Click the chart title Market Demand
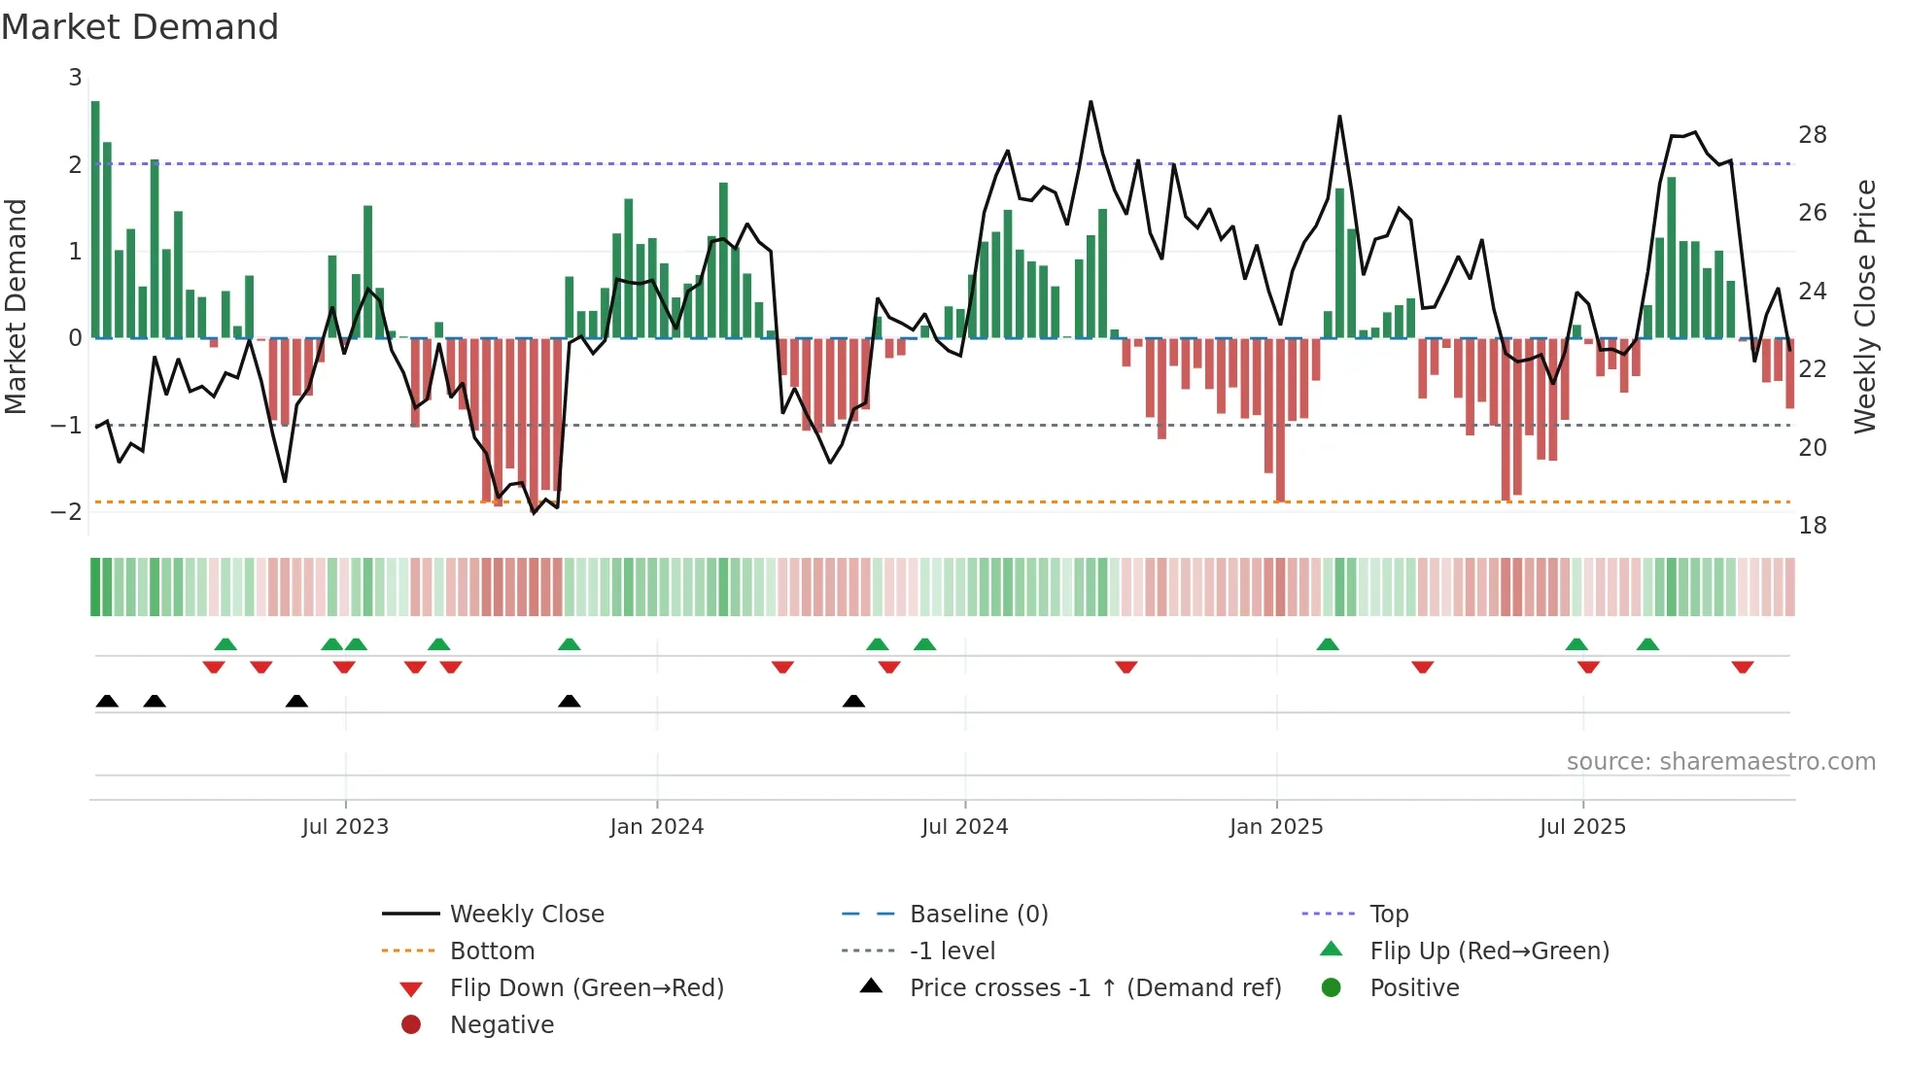pyautogui.click(x=140, y=27)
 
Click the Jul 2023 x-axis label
pyautogui.click(x=345, y=827)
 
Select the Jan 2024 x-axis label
pyautogui.click(x=656, y=827)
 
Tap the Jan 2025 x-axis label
pyautogui.click(x=1275, y=827)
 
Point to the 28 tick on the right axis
pyautogui.click(x=1812, y=135)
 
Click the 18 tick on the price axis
pyautogui.click(x=1812, y=526)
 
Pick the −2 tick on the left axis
pyautogui.click(x=66, y=512)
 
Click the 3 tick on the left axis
pyautogui.click(x=75, y=78)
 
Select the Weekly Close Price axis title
pyautogui.click(x=1864, y=306)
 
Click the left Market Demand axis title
pyautogui.click(x=17, y=306)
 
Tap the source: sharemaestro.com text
pyautogui.click(x=1720, y=762)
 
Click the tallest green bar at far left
pyautogui.click(x=95, y=220)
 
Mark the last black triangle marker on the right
pyautogui.click(x=853, y=701)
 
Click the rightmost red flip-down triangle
pyautogui.click(x=1742, y=667)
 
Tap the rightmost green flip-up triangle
pyautogui.click(x=1647, y=644)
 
